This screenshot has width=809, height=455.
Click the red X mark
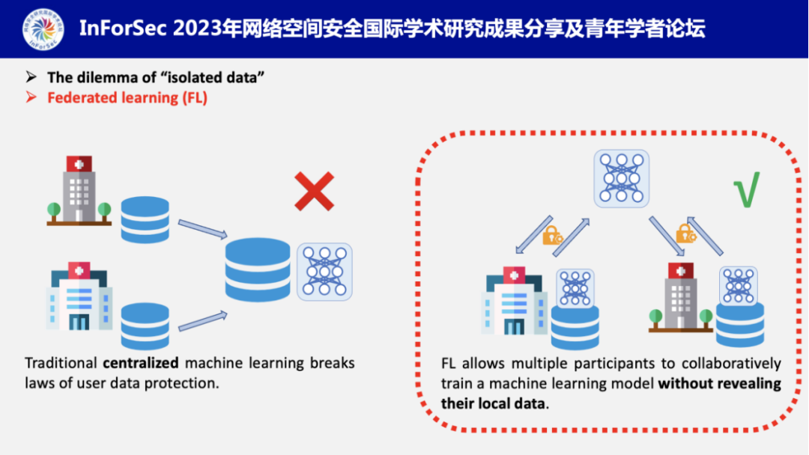pos(314,191)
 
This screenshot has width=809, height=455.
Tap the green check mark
pos(746,189)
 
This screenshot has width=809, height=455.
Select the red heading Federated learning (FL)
pos(127,97)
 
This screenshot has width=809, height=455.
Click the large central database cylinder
pos(258,269)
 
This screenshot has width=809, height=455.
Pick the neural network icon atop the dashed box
pos(622,178)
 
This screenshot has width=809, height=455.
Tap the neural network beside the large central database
pos(324,272)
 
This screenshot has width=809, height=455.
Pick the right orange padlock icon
pos(685,233)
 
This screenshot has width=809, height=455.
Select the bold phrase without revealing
pos(720,384)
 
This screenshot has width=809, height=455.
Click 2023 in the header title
pos(196,29)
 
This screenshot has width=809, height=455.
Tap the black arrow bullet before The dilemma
pos(31,77)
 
